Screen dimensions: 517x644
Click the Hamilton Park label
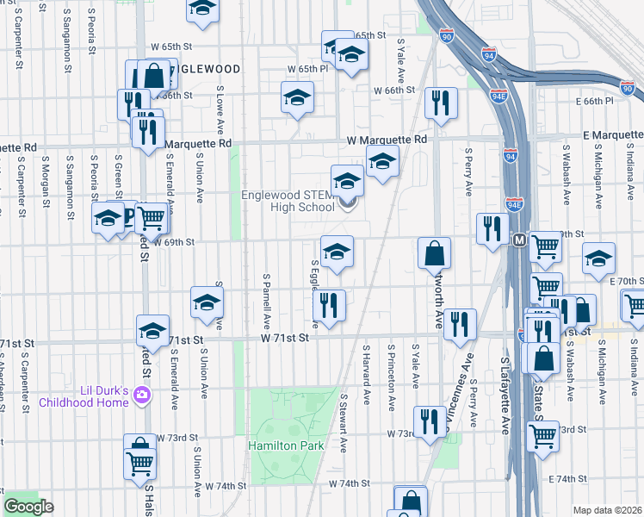pyautogui.click(x=287, y=445)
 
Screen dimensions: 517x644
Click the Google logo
pyautogui.click(x=28, y=507)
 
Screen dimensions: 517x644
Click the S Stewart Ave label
pyautogui.click(x=343, y=423)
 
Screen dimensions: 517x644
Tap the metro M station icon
pyautogui.click(x=520, y=239)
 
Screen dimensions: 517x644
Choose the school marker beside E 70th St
pyautogui.click(x=598, y=259)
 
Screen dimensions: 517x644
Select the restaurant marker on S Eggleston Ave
pyautogui.click(x=330, y=306)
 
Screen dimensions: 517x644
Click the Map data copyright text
pyautogui.click(x=606, y=510)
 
